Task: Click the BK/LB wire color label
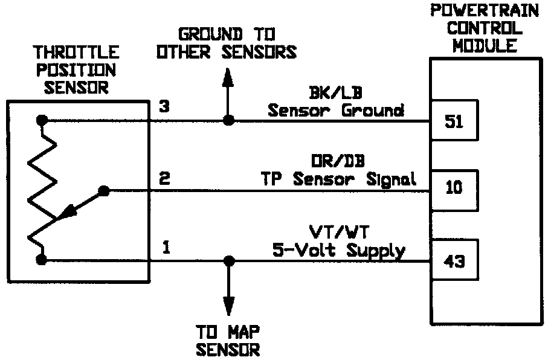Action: (x=335, y=92)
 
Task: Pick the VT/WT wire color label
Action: (x=337, y=231)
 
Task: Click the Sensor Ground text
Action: (x=336, y=111)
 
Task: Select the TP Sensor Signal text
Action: (x=338, y=179)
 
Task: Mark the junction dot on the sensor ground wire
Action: (x=228, y=120)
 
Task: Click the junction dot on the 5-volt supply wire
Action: (x=228, y=260)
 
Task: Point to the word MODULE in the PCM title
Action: (x=485, y=46)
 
